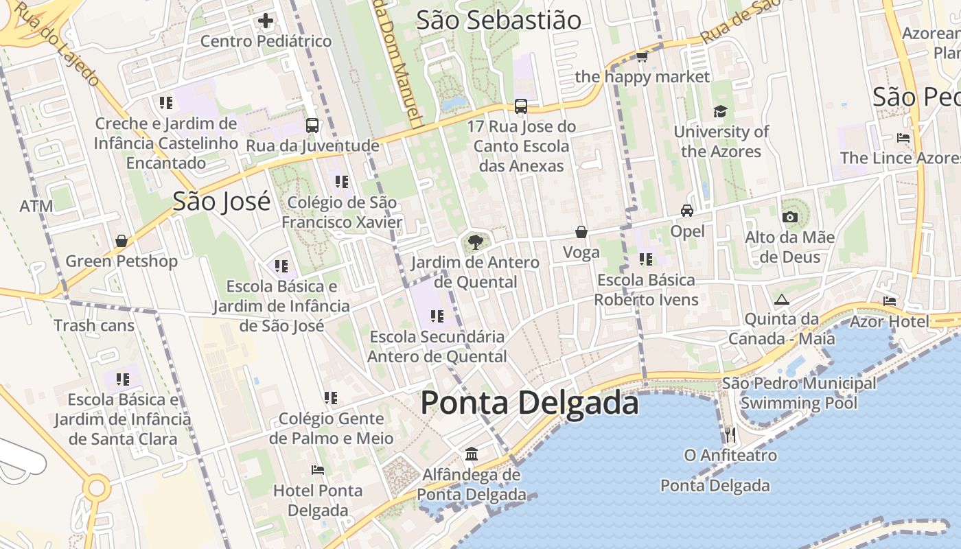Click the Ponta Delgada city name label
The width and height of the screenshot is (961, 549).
529,402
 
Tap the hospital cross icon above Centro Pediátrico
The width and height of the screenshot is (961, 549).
266,21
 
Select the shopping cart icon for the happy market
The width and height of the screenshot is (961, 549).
642,56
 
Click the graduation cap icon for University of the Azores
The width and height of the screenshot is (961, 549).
720,111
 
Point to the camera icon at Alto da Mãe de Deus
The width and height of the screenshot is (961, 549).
789,218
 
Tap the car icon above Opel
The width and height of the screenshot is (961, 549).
687,211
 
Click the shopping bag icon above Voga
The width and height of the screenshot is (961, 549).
581,232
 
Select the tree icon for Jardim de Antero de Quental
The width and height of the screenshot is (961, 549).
474,242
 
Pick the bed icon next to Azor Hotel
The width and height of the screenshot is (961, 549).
890,301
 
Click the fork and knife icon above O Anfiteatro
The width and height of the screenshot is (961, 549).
730,434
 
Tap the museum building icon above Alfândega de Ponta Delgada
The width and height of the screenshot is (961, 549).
472,454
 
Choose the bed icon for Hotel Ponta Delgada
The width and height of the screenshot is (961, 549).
318,470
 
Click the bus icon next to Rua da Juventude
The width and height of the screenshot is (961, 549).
312,126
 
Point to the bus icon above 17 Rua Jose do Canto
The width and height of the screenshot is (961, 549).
521,106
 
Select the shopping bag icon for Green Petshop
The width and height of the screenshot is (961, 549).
121,241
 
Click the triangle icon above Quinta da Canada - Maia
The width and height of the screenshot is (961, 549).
781,299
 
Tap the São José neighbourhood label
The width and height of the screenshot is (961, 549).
221,202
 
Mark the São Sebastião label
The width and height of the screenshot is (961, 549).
499,20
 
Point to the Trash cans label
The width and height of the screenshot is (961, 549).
94,325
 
